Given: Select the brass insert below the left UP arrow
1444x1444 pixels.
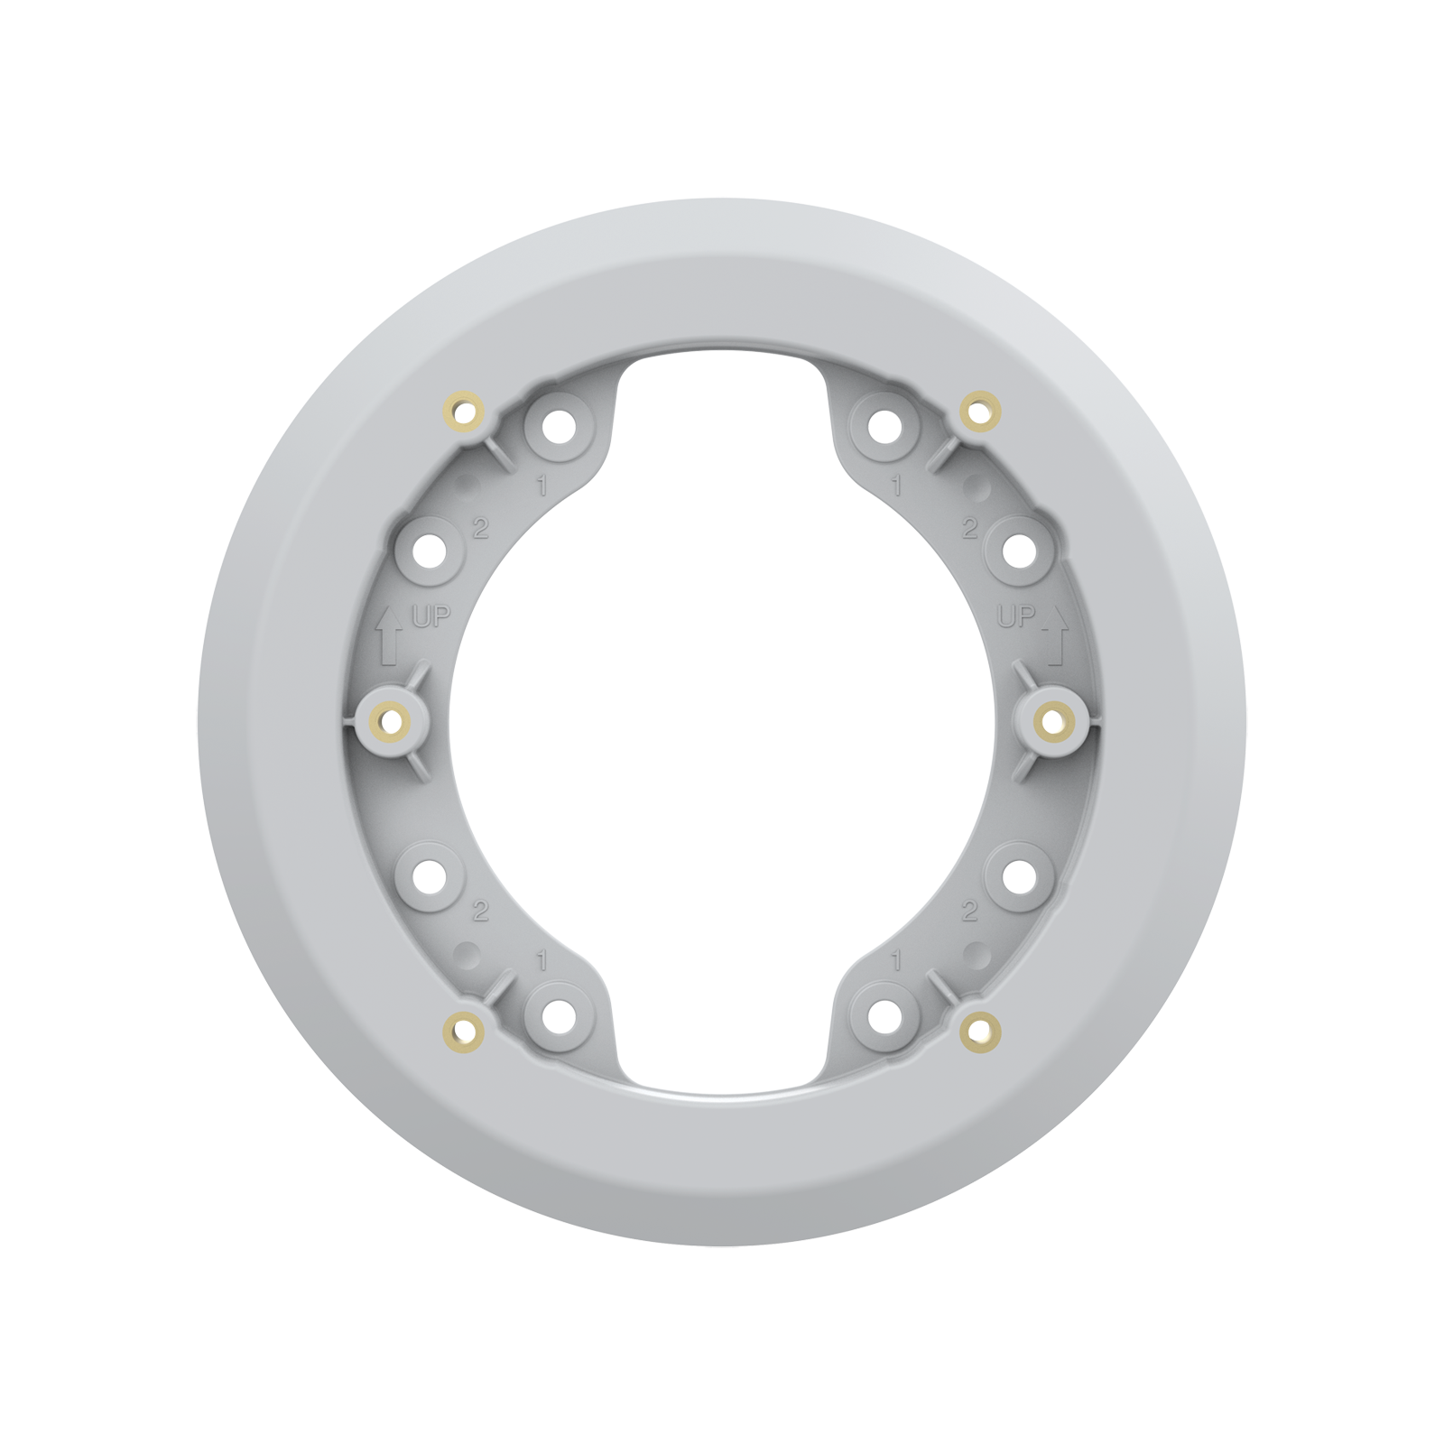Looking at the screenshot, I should (390, 719).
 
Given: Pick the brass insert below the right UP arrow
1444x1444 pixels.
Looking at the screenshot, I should (1052, 719).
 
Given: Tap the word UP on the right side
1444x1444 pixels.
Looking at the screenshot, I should (1014, 617).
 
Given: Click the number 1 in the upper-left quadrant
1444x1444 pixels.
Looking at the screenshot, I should (541, 486).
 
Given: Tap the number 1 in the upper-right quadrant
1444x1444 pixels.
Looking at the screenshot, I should (896, 486).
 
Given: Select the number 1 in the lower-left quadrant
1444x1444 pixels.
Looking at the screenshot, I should (541, 962).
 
